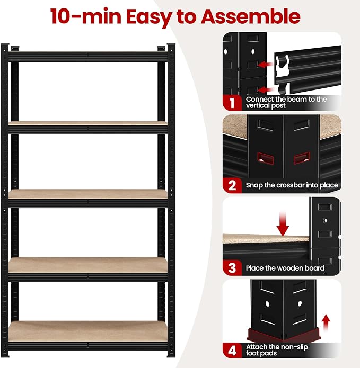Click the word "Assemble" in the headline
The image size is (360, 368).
pyautogui.click(x=250, y=16)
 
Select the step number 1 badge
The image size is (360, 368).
pyautogui.click(x=232, y=103)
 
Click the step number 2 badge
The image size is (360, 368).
pyautogui.click(x=232, y=185)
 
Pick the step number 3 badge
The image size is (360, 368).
pyautogui.click(x=232, y=268)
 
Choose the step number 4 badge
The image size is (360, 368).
pyautogui.click(x=232, y=351)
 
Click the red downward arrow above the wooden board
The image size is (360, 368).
pyautogui.click(x=283, y=224)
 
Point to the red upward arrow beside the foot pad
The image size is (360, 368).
pyautogui.click(x=326, y=322)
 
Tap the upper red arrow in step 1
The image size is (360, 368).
pyautogui.click(x=265, y=64)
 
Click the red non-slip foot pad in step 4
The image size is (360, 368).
pyautogui.click(x=284, y=335)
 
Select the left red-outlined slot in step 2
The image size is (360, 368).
pyautogui.click(x=266, y=159)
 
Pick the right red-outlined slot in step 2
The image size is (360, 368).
pyautogui.click(x=302, y=158)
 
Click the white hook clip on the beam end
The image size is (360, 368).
pyautogui.click(x=282, y=66)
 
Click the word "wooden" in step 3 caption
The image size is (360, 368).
pyautogui.click(x=292, y=268)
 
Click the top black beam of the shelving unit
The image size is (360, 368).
pyautogui.click(x=88, y=57)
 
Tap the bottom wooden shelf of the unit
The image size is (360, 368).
pyautogui.click(x=88, y=331)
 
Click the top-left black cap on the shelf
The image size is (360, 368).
pyautogui.click(x=15, y=48)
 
